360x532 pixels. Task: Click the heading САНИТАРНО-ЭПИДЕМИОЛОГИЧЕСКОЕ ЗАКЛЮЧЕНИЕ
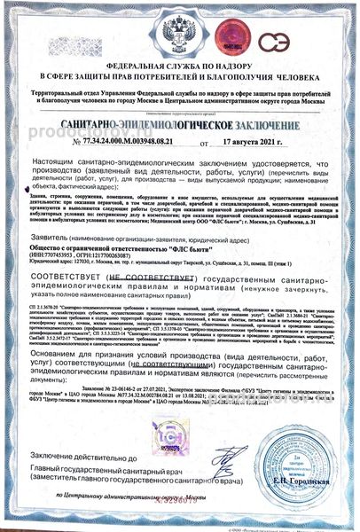click(x=180, y=128)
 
